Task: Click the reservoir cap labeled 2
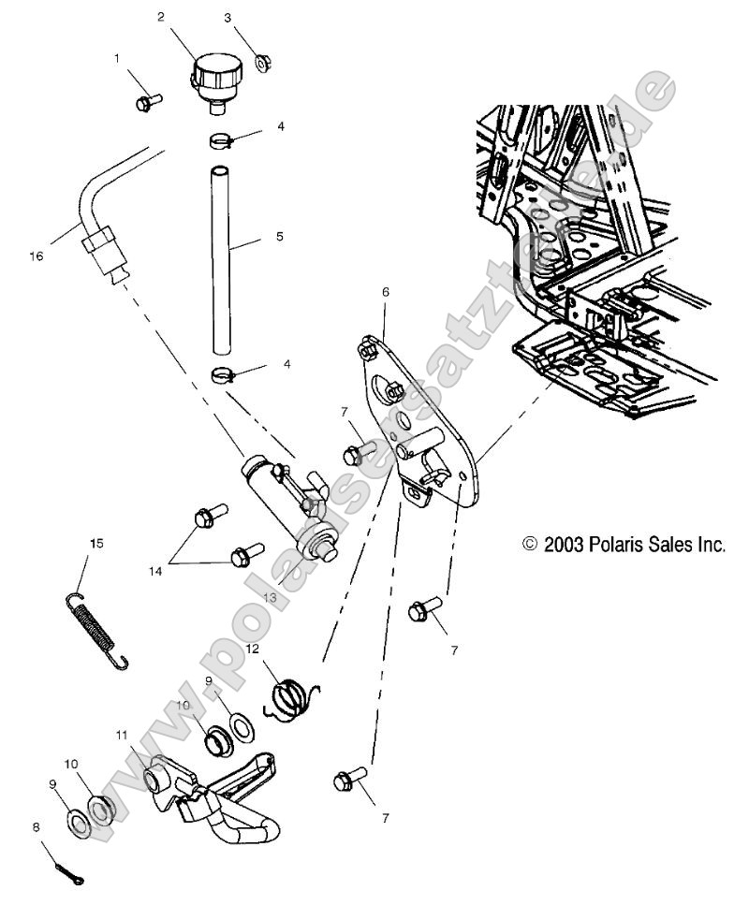[216, 75]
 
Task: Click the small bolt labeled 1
[148, 101]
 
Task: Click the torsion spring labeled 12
[289, 699]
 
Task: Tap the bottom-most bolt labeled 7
[348, 779]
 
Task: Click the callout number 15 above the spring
[95, 543]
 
